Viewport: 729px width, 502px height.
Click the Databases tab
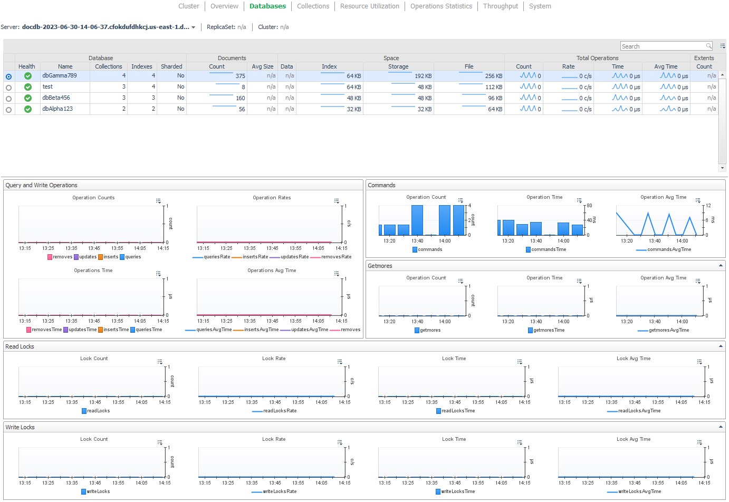point(267,6)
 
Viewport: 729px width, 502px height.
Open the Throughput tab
point(500,6)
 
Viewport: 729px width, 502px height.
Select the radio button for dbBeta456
point(8,99)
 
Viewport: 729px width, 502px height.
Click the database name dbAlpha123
point(57,109)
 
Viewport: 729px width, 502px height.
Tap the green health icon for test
point(27,87)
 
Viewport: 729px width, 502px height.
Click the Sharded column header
point(171,66)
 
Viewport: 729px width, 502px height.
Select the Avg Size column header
point(262,66)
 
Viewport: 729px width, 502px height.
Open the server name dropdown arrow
point(194,27)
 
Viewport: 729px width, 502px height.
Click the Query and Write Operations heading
point(41,185)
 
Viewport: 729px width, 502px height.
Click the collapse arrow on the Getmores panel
point(721,266)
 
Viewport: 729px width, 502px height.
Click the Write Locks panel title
point(20,427)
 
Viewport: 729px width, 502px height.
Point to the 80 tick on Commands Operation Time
point(589,206)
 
